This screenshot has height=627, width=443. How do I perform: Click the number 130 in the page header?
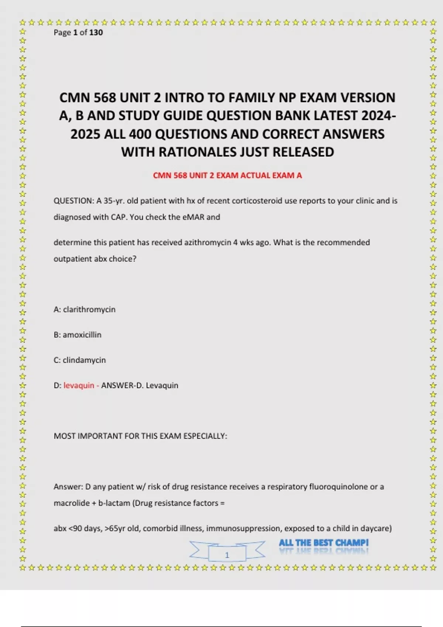point(96,32)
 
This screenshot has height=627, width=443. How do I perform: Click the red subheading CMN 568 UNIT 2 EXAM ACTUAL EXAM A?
point(227,176)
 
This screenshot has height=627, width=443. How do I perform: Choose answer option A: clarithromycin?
point(85,309)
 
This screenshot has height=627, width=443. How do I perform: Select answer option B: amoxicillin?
point(78,335)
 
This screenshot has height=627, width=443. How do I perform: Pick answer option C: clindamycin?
point(80,360)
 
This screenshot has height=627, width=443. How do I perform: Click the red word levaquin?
point(79,385)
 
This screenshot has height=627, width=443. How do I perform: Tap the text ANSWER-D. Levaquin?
point(140,385)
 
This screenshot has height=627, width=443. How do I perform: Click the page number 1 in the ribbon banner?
point(227,555)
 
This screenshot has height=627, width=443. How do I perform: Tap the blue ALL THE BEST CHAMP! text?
point(323,543)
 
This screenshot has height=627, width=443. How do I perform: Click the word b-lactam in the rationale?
point(114,503)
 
